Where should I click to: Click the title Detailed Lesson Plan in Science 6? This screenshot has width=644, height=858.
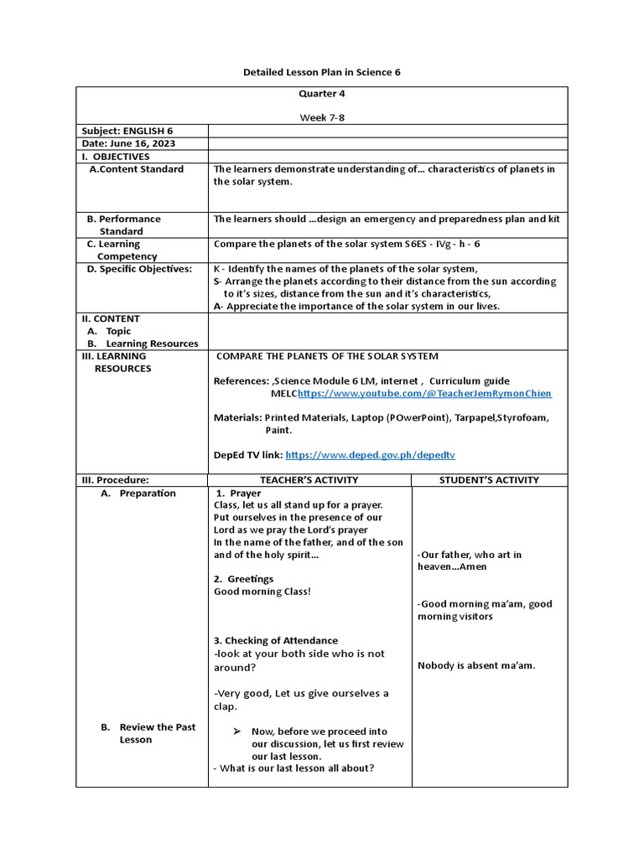[x=322, y=72]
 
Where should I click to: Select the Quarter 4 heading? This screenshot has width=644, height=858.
[x=322, y=94]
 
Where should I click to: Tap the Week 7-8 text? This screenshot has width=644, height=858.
[x=322, y=118]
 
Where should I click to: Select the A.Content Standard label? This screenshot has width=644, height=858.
[x=136, y=169]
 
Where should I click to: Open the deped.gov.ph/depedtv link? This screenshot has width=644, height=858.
[x=370, y=455]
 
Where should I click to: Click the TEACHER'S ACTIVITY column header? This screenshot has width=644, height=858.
[x=309, y=480]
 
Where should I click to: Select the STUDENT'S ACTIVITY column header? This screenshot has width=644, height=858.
[x=489, y=480]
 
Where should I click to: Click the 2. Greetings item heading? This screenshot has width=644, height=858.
[x=243, y=579]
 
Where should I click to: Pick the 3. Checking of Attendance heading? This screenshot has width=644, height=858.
[x=276, y=641]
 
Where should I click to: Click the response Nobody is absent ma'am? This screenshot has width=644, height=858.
[x=476, y=666]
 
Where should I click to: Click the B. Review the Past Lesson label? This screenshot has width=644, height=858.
[x=148, y=733]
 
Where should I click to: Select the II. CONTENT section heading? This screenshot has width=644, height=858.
[x=111, y=318]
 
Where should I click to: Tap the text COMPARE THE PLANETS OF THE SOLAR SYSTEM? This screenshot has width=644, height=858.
[x=327, y=356]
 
